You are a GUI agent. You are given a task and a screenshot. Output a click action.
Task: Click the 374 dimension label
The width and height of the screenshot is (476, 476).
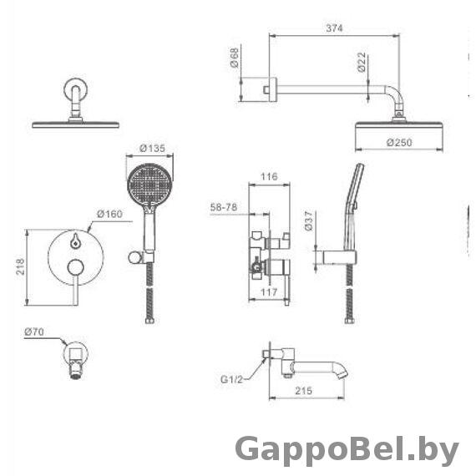coord(334,28)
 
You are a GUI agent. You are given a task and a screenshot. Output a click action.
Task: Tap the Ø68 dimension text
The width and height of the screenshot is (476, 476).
coord(235,58)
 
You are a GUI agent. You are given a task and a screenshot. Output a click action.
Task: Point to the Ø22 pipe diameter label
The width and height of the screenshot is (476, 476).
coord(362,63)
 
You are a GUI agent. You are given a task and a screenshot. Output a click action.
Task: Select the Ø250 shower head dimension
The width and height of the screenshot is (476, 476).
coord(399,142)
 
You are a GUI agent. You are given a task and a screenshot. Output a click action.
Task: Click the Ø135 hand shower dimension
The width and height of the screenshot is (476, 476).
coord(152,149)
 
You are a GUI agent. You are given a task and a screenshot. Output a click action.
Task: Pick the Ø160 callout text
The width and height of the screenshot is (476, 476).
coord(110,214)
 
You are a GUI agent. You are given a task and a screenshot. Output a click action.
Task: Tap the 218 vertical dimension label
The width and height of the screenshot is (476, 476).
coord(20,266)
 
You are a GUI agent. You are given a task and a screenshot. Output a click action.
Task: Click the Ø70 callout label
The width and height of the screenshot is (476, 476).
coord(34,332)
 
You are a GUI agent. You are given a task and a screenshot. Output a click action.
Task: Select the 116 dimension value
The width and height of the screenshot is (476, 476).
coord(269,176)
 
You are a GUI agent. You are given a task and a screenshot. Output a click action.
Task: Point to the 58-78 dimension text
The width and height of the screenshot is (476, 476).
coord(224,207)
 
